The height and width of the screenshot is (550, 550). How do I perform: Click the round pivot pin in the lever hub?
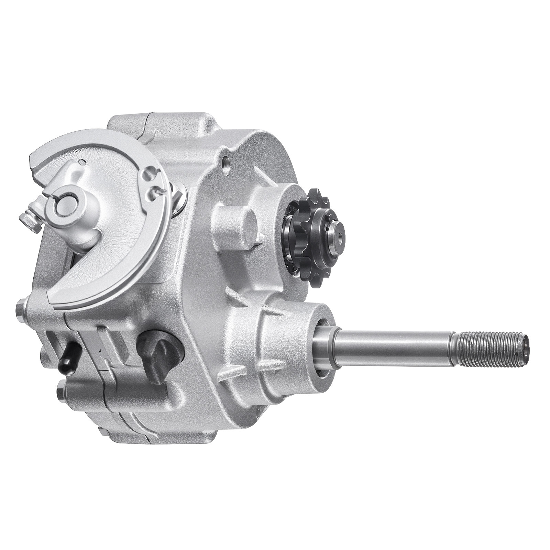point(65,206)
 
